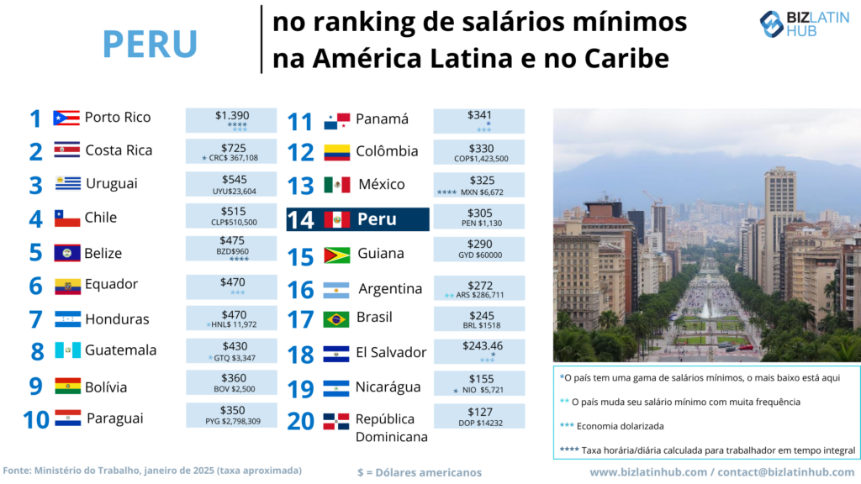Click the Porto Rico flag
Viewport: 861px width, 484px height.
tap(66, 118)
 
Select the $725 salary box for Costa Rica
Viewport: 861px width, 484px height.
tap(231, 152)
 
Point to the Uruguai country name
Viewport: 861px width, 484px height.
tap(111, 183)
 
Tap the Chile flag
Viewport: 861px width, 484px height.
tap(67, 218)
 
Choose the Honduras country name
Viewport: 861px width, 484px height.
tap(117, 319)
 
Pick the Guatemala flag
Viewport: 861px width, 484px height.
tap(67, 350)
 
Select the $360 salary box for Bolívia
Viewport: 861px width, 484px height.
tap(231, 383)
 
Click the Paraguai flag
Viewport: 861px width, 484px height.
tap(67, 418)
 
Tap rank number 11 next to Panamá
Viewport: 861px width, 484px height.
tap(299, 121)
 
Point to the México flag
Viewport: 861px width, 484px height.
tap(336, 185)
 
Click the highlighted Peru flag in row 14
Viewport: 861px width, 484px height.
tap(336, 219)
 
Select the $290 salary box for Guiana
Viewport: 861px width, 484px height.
tap(479, 248)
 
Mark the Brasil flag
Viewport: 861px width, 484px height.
tap(336, 319)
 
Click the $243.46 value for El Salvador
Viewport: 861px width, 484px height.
tap(480, 345)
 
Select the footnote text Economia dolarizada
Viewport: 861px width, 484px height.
tap(622, 425)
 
